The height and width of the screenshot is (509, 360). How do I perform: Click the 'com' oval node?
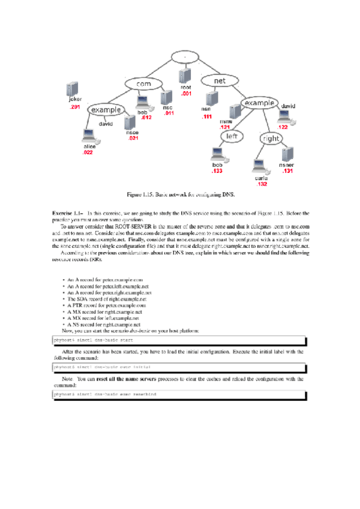pos(144,84)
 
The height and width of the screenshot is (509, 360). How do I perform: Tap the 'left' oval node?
pos(232,137)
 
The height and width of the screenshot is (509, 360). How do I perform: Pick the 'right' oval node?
pos(271,139)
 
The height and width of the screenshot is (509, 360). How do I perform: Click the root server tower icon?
pos(185,76)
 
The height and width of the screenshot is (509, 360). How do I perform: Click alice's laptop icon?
pos(89,136)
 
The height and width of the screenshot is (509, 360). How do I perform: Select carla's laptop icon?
pos(260,165)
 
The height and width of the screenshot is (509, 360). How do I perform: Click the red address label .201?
pos(75,106)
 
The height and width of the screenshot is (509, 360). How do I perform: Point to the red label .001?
pos(186,94)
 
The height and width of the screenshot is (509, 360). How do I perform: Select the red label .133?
pos(217,171)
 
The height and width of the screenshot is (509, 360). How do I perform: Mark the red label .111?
pos(208,116)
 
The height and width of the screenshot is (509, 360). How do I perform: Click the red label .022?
pos(88,153)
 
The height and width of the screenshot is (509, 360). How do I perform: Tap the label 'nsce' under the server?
pos(133,133)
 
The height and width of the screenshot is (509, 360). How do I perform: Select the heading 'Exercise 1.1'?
pos(67,213)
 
